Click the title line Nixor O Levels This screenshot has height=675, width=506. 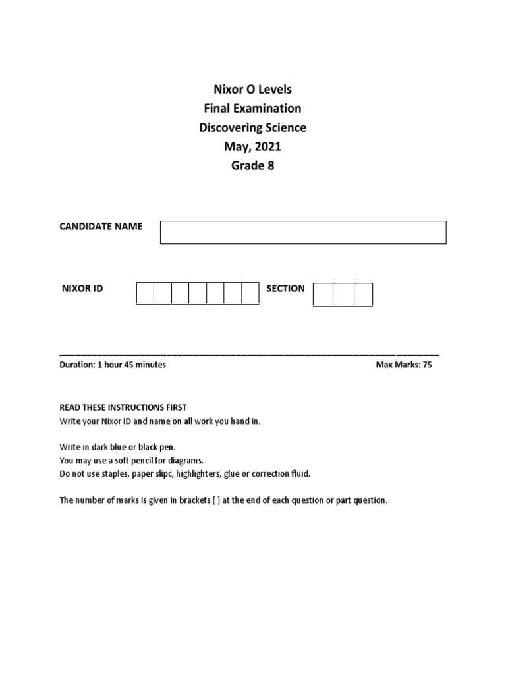click(253, 89)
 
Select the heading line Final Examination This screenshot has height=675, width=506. click(253, 108)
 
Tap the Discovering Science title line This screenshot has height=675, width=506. click(253, 127)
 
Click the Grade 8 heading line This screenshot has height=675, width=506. click(253, 165)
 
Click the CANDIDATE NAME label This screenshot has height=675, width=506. click(101, 226)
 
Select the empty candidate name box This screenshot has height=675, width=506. click(303, 232)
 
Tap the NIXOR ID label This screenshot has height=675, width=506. click(82, 289)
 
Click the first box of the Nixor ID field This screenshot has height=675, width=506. click(145, 293)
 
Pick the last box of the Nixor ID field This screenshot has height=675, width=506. click(250, 293)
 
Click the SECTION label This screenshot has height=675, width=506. click(285, 289)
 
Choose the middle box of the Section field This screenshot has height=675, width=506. click(343, 294)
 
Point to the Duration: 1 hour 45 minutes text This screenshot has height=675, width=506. click(113, 365)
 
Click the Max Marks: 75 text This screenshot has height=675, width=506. click(404, 365)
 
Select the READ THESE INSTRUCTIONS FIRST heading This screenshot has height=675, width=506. click(123, 407)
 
